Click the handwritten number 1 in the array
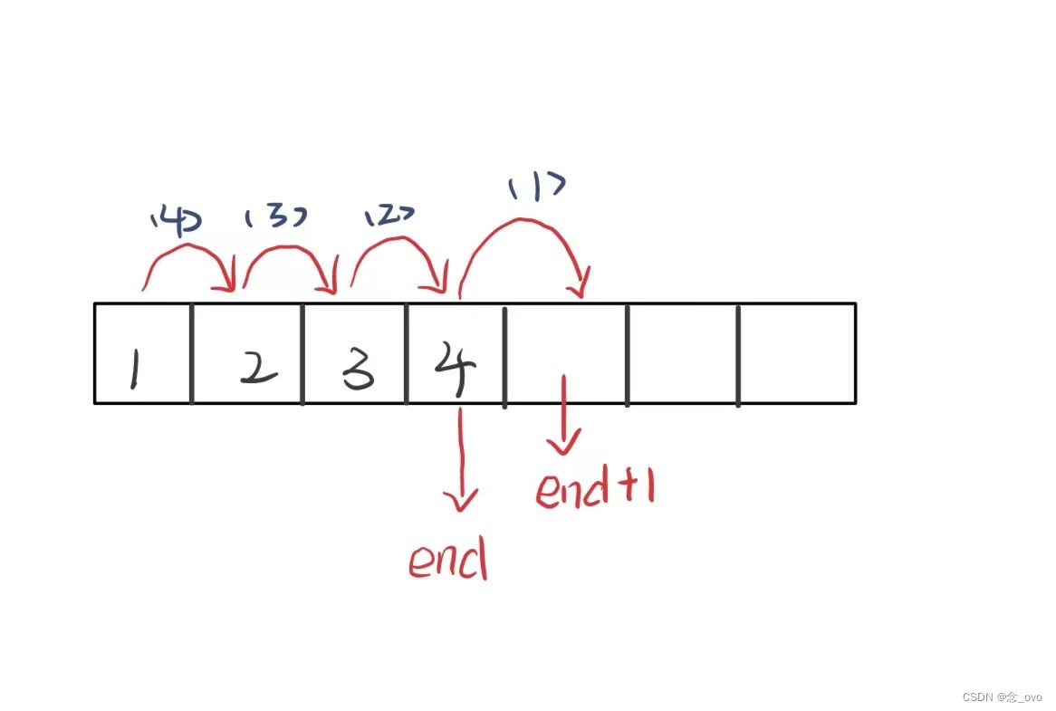(133, 370)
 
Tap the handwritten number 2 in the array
(258, 368)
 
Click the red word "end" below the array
(447, 562)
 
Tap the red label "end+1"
(594, 489)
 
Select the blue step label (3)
(274, 216)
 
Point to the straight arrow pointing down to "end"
(463, 457)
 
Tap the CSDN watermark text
(1002, 697)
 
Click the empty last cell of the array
(797, 353)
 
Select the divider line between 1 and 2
(192, 353)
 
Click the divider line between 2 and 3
(302, 353)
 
